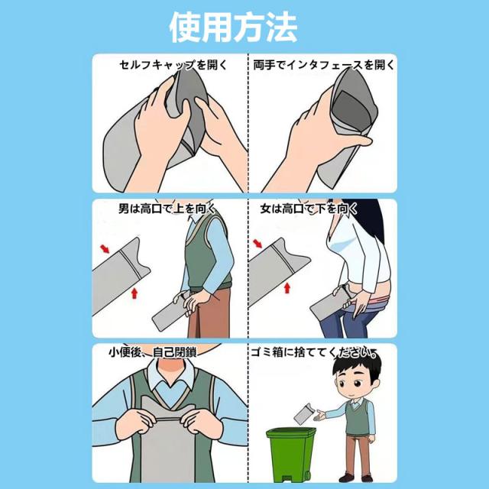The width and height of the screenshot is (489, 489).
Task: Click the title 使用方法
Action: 233,27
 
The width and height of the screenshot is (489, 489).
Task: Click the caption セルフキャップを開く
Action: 173,65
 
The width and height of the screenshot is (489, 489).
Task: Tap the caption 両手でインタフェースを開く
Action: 324,65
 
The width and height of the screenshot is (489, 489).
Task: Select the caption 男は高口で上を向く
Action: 167,209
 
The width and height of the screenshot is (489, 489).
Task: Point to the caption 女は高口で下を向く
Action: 309,209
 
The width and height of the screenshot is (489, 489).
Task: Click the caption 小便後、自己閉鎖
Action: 153,352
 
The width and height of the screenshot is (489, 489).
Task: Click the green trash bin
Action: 291,455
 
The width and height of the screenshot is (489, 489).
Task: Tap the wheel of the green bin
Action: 307,475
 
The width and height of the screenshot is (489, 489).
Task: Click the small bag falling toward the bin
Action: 303,413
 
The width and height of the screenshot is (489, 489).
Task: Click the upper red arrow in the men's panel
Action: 105,249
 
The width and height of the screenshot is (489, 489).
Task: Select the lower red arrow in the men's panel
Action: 134,293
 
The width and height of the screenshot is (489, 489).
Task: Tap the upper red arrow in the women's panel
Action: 257,244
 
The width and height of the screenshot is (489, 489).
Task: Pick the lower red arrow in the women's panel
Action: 287,288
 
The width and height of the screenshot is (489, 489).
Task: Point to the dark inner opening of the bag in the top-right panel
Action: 352,111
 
